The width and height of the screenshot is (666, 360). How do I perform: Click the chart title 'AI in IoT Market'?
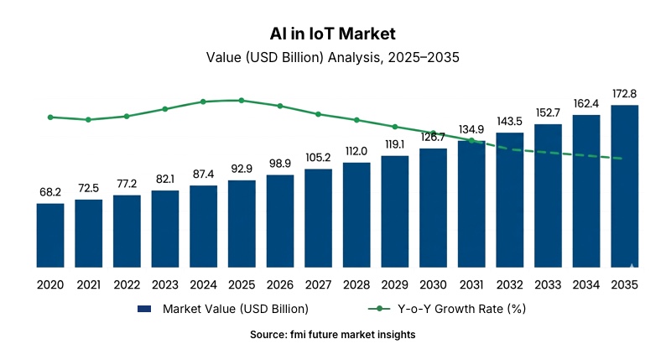pyautogui.click(x=333, y=34)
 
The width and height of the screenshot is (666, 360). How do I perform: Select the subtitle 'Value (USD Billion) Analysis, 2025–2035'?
pyautogui.click(x=333, y=58)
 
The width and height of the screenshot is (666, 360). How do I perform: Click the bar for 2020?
pyautogui.click(x=50, y=236)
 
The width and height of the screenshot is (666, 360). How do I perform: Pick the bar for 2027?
pyautogui.click(x=318, y=218)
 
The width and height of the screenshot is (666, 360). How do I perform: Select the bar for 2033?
pyautogui.click(x=548, y=196)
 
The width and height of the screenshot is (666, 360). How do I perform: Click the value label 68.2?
pyautogui.click(x=50, y=192)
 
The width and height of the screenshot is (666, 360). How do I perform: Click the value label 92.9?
pyautogui.click(x=242, y=169)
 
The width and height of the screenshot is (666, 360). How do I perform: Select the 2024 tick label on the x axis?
pyautogui.click(x=204, y=285)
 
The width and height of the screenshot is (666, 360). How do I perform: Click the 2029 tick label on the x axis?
pyautogui.click(x=395, y=285)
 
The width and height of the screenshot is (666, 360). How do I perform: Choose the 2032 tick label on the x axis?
pyautogui.click(x=510, y=285)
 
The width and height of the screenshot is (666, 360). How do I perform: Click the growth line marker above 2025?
pyautogui.click(x=242, y=100)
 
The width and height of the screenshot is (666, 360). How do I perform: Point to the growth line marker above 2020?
pyautogui.click(x=50, y=117)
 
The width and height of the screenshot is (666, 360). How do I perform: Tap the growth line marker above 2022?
pyautogui.click(x=127, y=116)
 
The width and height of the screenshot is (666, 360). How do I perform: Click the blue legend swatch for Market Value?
pyautogui.click(x=144, y=309)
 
